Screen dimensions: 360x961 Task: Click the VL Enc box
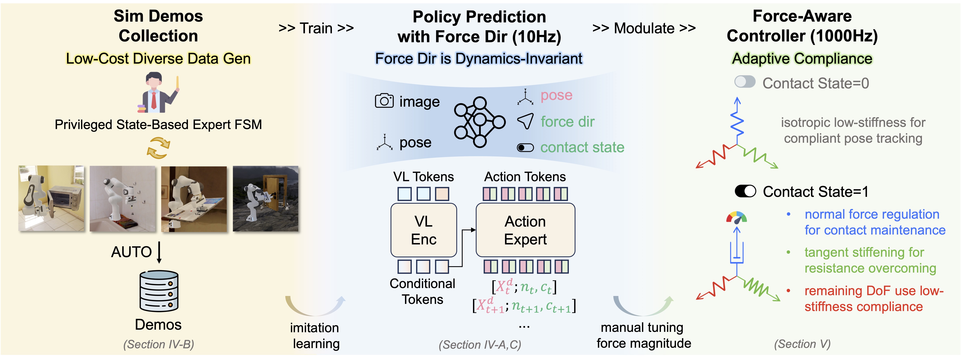click(423, 230)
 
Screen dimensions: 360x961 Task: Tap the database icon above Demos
click(159, 291)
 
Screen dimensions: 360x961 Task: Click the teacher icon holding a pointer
click(158, 93)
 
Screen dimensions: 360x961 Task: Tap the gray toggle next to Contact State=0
click(745, 82)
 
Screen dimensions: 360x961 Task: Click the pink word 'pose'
click(556, 95)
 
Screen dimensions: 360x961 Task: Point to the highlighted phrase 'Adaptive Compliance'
click(802, 58)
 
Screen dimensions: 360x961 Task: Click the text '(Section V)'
click(802, 344)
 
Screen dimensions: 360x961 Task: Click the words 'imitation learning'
click(315, 335)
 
